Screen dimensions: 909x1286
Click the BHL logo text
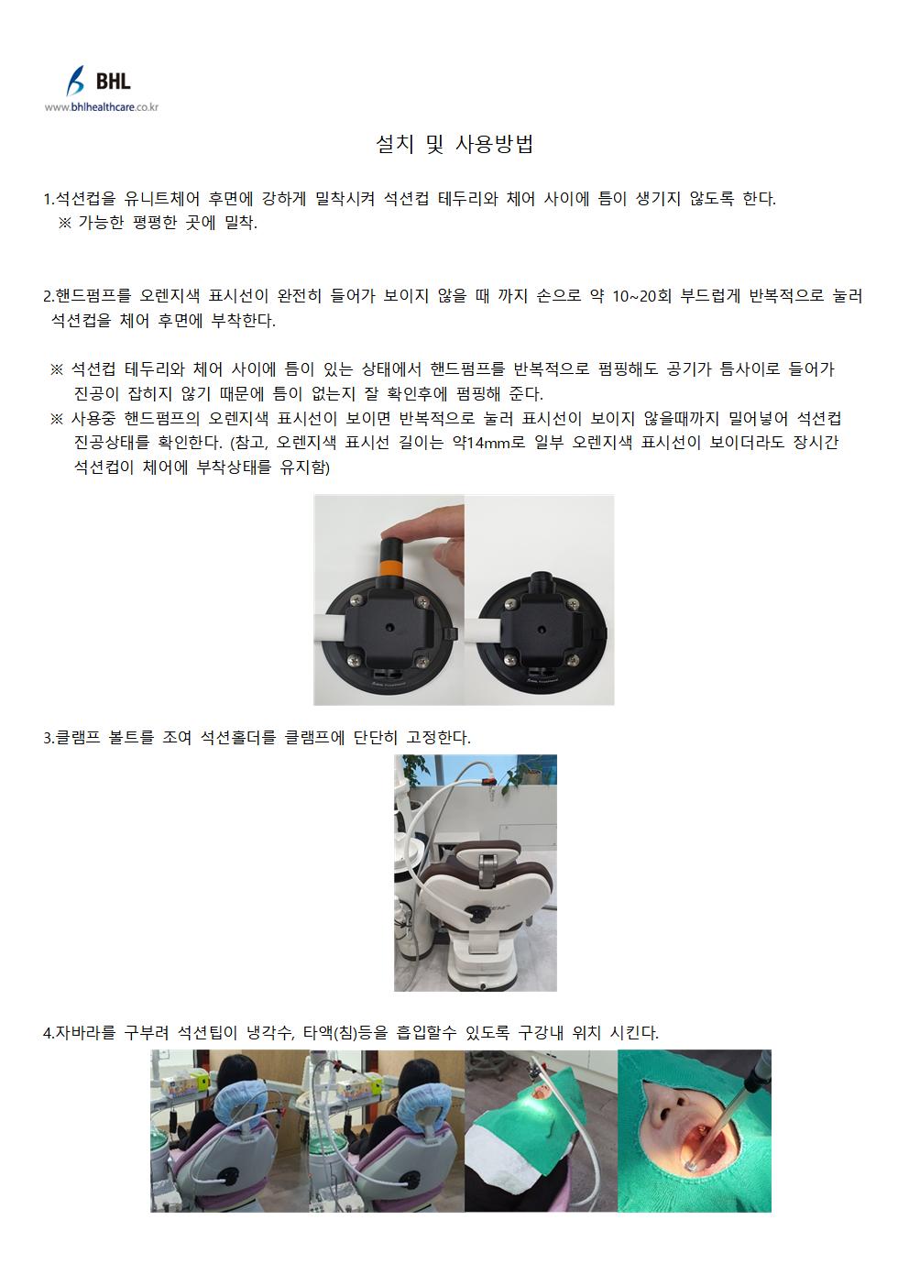[113, 81]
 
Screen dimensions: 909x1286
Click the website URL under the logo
[102, 106]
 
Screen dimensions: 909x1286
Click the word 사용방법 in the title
[494, 144]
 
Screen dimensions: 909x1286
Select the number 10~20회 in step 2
[641, 296]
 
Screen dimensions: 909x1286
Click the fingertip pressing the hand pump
[405, 527]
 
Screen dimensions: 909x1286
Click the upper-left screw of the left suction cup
[354, 599]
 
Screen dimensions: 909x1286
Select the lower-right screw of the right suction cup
[572, 660]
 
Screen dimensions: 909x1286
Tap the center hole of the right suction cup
[541, 629]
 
